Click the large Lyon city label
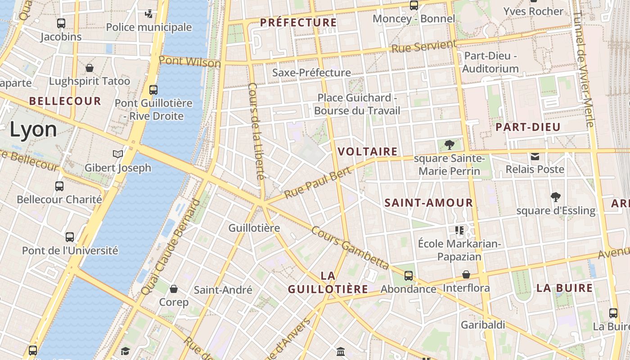pyautogui.click(x=33, y=130)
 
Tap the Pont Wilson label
pyautogui.click(x=189, y=62)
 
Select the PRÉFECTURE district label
pyautogui.click(x=298, y=22)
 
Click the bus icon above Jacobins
pyautogui.click(x=61, y=23)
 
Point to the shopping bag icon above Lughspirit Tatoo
pyautogui.click(x=90, y=68)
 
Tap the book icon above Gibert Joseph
pyautogui.click(x=118, y=154)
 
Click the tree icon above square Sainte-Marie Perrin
pyautogui.click(x=449, y=145)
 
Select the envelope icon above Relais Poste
pyautogui.click(x=535, y=157)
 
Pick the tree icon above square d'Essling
pyautogui.click(x=556, y=197)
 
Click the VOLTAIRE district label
pyautogui.click(x=368, y=152)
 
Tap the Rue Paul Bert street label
pyautogui.click(x=318, y=183)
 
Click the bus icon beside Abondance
pyautogui.click(x=409, y=276)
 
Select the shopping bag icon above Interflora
pyautogui.click(x=467, y=274)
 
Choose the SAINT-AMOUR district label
pyautogui.click(x=428, y=203)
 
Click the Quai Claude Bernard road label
pyautogui.click(x=170, y=247)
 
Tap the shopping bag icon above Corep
pyautogui.click(x=174, y=289)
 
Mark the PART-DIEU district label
pyautogui.click(x=528, y=127)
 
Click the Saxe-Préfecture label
pyautogui.click(x=311, y=72)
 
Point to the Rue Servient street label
pyautogui.click(x=423, y=46)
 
